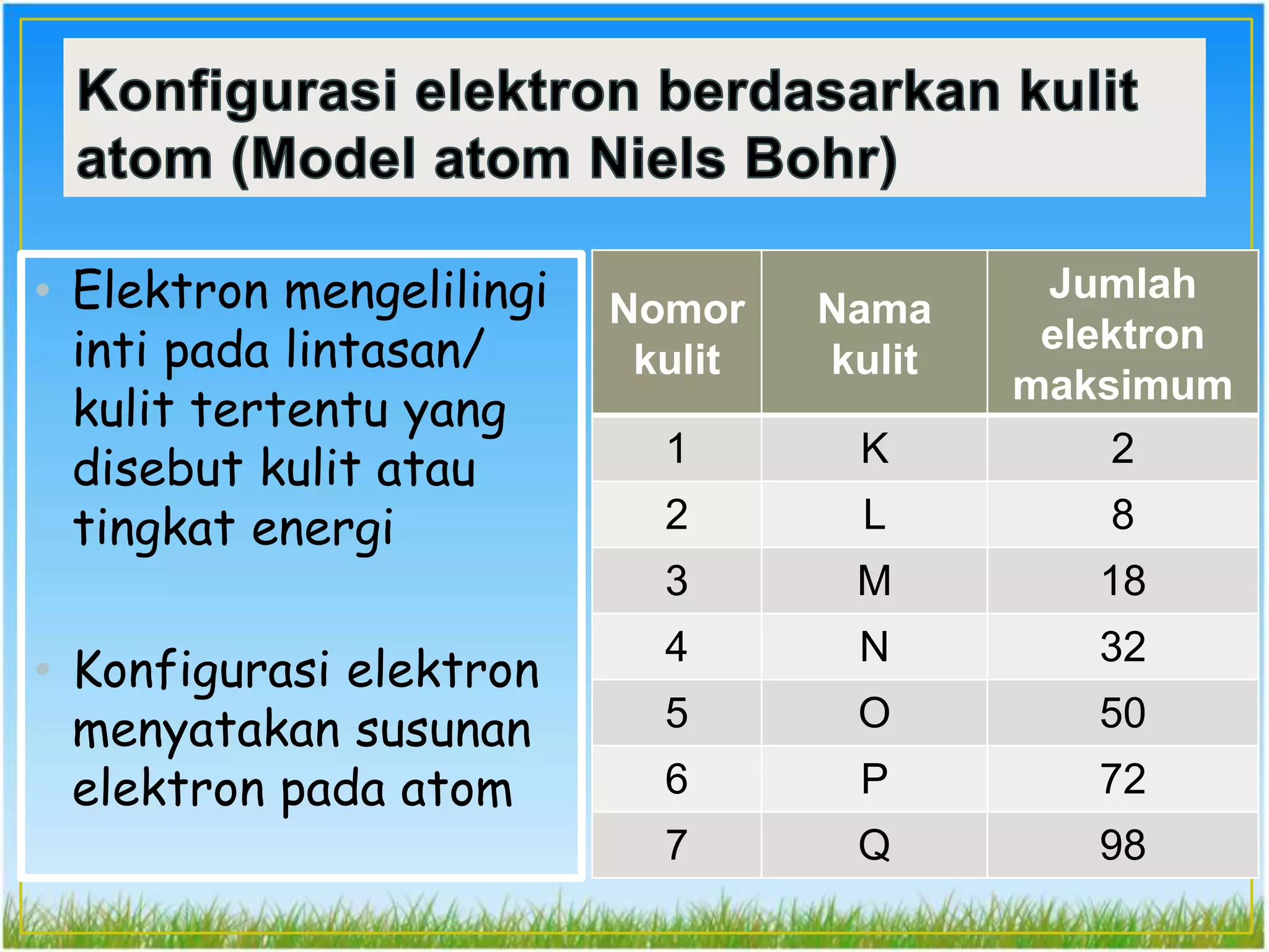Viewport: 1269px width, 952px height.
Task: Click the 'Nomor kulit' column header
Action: click(677, 333)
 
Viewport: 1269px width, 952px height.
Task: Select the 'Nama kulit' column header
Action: click(874, 333)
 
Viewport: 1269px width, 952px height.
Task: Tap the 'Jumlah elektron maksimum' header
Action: click(1122, 333)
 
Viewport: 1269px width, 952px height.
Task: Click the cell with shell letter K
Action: click(874, 448)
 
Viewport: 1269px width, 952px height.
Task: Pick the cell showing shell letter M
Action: click(874, 581)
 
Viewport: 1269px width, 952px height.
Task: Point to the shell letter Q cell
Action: click(874, 845)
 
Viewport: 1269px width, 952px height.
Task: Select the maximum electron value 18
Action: click(1122, 581)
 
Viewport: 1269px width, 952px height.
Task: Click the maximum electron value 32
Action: click(1122, 646)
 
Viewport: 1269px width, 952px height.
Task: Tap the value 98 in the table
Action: click(1122, 845)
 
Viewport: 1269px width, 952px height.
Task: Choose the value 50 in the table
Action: click(1122, 713)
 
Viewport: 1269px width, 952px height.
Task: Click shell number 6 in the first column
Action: click(677, 779)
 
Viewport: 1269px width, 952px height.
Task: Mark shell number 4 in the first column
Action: click(677, 646)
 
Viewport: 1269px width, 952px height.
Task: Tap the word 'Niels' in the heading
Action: click(657, 159)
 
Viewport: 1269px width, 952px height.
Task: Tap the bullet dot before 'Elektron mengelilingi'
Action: click(43, 289)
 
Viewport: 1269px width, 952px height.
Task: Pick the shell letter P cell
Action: click(874, 779)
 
